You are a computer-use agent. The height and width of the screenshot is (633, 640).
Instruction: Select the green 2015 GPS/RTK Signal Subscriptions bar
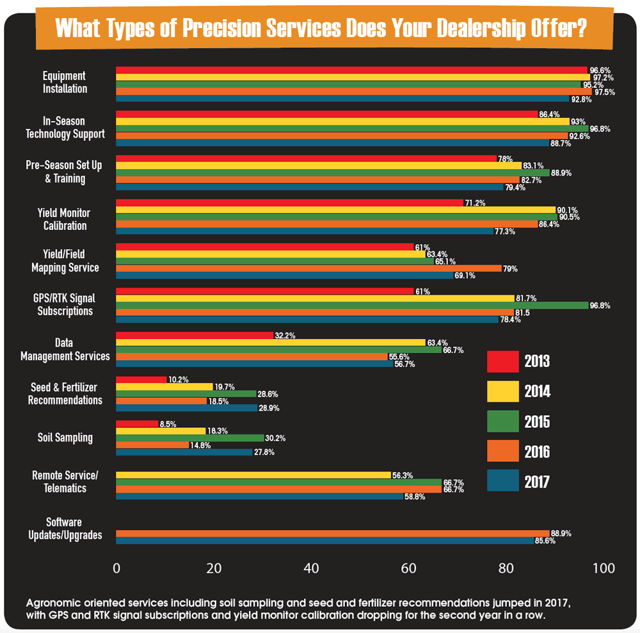point(352,305)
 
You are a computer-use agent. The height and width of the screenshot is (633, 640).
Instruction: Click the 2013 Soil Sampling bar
point(137,423)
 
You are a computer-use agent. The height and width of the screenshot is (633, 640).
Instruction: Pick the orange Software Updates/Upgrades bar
point(332,533)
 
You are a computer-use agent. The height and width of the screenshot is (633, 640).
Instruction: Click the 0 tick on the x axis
point(116,568)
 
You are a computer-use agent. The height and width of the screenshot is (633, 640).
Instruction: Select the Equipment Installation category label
point(65,83)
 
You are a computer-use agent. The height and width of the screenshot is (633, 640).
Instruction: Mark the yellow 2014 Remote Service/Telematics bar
point(253,475)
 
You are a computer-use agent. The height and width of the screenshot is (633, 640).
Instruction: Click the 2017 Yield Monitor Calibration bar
point(304,231)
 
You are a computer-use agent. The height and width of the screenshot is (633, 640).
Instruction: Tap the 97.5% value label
point(604,92)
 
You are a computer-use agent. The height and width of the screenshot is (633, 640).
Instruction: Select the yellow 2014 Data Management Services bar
point(270,342)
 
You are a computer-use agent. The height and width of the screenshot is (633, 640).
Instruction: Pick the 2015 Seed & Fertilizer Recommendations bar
point(186,393)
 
